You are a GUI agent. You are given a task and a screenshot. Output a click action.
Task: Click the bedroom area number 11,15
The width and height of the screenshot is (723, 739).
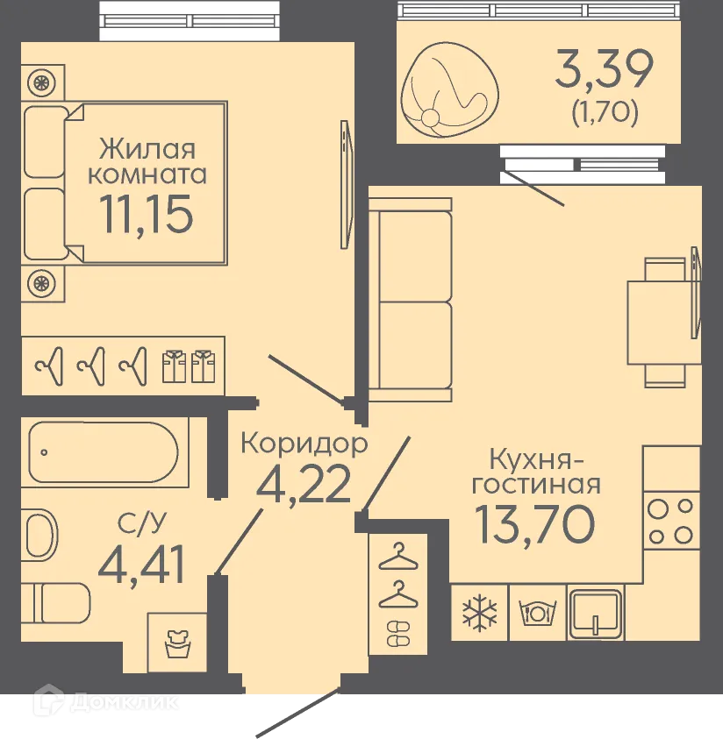(147, 215)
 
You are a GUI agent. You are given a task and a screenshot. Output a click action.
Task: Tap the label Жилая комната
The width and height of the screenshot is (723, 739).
(147, 160)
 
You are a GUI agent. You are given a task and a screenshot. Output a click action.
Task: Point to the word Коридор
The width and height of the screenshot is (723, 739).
(304, 444)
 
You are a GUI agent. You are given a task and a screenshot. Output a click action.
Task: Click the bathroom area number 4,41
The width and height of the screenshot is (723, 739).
(141, 565)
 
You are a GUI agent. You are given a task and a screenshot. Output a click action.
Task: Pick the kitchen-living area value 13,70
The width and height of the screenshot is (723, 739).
(535, 523)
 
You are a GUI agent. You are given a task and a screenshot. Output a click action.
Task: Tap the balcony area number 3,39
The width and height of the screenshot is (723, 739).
(604, 70)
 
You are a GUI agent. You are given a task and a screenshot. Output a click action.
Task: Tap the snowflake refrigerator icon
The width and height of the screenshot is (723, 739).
(479, 612)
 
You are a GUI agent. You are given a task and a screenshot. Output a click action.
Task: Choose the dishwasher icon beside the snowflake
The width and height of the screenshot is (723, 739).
(537, 612)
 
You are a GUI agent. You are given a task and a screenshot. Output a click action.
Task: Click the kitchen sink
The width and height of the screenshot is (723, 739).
(596, 612)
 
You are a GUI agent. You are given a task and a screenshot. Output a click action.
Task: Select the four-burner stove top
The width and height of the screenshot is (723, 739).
(671, 522)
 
